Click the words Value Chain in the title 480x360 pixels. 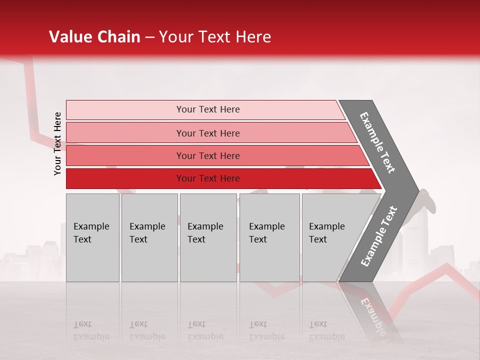pyautogui.click(x=94, y=37)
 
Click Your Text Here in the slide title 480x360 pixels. pyautogui.click(x=215, y=37)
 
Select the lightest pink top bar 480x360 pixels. pyautogui.click(x=125, y=109)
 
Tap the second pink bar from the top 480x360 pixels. pyautogui.click(x=125, y=133)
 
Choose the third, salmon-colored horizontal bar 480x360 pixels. pyautogui.click(x=125, y=155)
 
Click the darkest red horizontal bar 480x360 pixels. pyautogui.click(x=125, y=178)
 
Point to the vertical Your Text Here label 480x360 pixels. pyautogui.click(x=57, y=143)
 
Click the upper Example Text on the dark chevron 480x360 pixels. pyautogui.click(x=377, y=142)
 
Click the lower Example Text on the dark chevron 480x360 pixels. pyautogui.click(x=379, y=236)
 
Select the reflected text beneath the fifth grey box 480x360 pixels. pyautogui.click(x=326, y=330)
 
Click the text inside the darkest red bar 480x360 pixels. pyautogui.click(x=208, y=178)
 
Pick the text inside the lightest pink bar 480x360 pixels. pyautogui.click(x=208, y=109)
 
